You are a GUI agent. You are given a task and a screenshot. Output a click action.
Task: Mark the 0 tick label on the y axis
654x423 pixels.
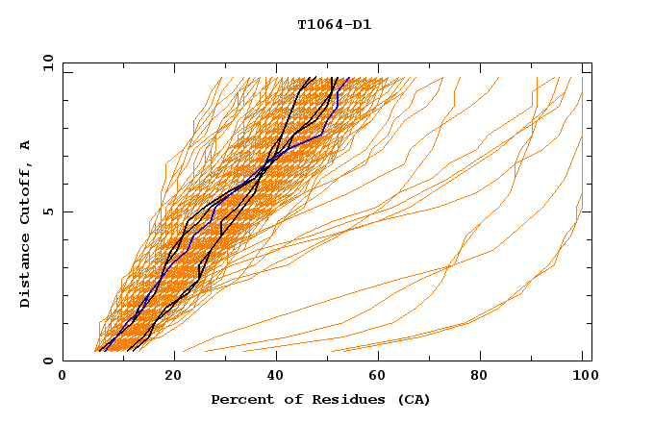(x=48, y=361)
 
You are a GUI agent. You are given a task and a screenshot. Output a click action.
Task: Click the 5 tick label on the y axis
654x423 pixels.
(x=48, y=211)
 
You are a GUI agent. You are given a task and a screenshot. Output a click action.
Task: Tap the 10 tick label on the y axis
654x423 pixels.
(x=44, y=62)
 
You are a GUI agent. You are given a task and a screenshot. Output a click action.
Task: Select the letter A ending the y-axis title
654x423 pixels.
(x=26, y=145)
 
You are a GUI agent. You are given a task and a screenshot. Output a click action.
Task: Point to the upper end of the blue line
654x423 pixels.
(x=348, y=79)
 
